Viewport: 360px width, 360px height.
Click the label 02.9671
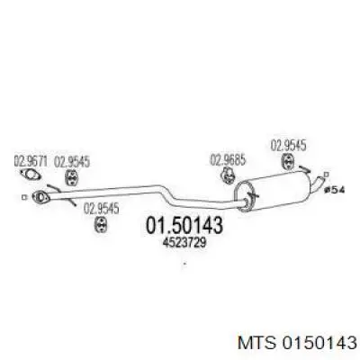click(31, 162)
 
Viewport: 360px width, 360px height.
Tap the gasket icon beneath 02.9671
click(30, 175)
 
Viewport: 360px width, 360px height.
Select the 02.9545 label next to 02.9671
click(72, 162)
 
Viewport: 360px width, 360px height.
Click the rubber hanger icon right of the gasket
click(71, 177)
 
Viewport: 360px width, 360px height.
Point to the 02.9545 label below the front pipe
click(101, 209)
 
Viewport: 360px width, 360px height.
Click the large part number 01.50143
click(184, 225)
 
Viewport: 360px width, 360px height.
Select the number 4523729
click(184, 242)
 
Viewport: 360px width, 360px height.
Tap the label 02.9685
click(228, 159)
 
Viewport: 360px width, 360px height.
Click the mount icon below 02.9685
click(228, 175)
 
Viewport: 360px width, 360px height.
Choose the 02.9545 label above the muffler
click(288, 146)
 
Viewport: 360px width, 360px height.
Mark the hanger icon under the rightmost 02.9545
click(287, 161)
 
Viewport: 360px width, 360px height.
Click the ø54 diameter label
click(335, 190)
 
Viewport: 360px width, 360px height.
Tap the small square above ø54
click(327, 175)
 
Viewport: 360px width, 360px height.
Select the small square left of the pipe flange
click(24, 197)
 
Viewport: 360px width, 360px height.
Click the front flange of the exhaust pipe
click(40, 196)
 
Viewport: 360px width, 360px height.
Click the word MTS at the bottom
click(256, 342)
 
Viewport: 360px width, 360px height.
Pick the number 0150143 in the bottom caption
click(318, 342)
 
